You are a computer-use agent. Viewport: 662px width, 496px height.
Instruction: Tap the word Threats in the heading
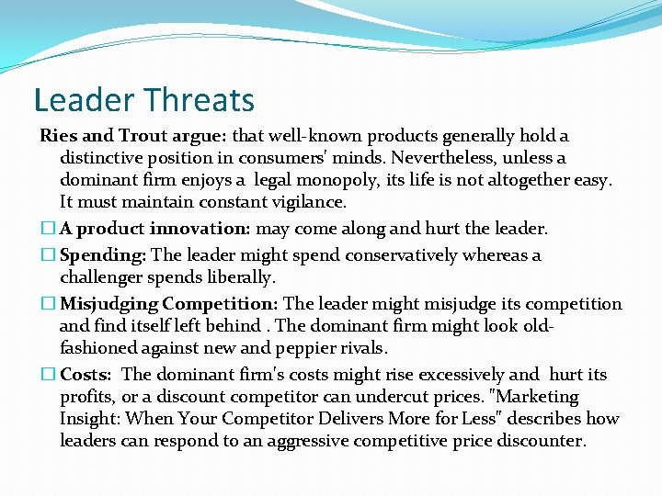199,99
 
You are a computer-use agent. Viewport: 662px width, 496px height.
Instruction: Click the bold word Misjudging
109,303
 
